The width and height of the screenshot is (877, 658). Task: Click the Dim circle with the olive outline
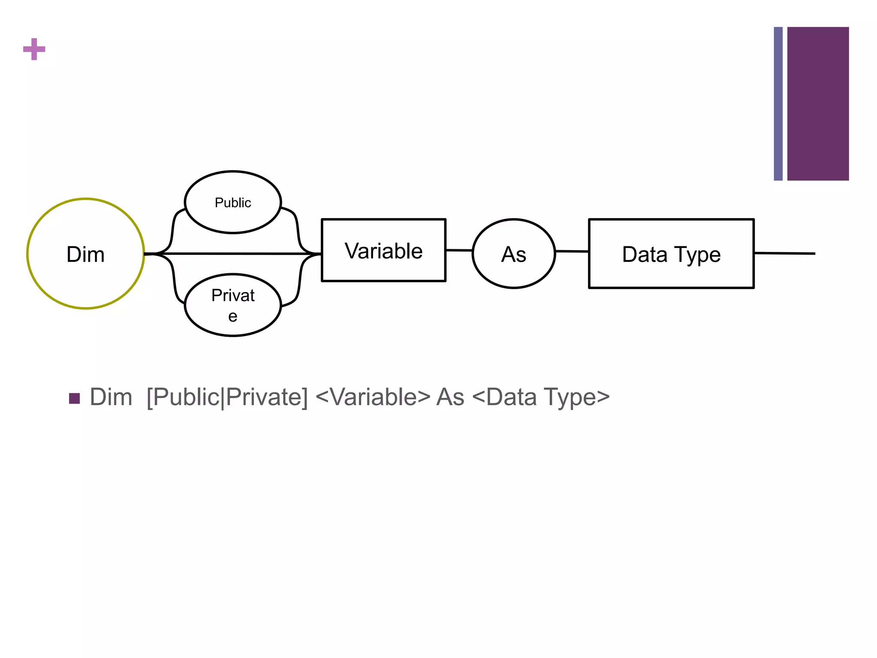(x=86, y=254)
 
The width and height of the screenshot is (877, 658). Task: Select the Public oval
(x=233, y=202)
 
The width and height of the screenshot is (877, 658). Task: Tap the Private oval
(x=233, y=305)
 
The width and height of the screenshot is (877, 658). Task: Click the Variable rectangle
(x=383, y=250)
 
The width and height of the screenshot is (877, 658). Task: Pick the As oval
(x=513, y=254)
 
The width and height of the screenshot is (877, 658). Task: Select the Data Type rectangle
(x=671, y=254)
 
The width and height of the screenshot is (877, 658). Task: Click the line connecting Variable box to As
(x=459, y=250)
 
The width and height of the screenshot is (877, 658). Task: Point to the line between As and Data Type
(x=572, y=251)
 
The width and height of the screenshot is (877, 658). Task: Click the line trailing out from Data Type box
(x=785, y=254)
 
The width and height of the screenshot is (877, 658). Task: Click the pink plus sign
(x=34, y=49)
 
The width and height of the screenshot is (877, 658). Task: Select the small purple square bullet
(x=75, y=398)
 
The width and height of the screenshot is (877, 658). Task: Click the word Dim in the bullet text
(x=111, y=397)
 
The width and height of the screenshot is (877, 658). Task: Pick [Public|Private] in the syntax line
(x=227, y=397)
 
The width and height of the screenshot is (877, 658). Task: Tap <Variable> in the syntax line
(x=373, y=397)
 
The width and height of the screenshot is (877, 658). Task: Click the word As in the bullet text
(x=450, y=397)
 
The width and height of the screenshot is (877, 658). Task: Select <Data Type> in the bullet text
(x=540, y=397)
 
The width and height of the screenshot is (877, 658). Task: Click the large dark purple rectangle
(x=818, y=104)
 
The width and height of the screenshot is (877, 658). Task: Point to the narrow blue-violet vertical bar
(x=778, y=104)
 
